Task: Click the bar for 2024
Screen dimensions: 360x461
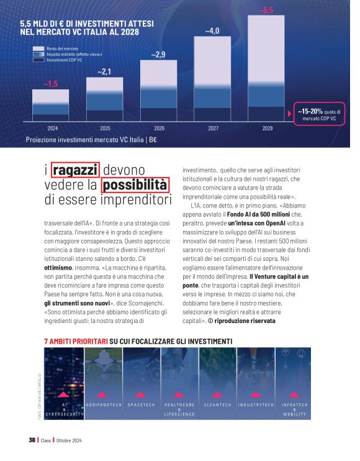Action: point(51,105)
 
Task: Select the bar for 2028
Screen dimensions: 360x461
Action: point(267,68)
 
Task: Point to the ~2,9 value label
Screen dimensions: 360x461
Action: point(158,55)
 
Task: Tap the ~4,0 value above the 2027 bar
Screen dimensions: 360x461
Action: point(212,30)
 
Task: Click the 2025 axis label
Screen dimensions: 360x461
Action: point(105,128)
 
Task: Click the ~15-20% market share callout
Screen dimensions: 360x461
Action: point(317,114)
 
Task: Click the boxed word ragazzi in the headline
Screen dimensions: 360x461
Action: point(75,170)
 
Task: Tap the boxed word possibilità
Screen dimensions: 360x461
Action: point(135,185)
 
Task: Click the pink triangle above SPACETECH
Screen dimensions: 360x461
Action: point(140,394)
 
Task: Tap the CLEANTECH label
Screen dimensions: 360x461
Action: point(217,404)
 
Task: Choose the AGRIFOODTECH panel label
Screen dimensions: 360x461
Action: point(101,404)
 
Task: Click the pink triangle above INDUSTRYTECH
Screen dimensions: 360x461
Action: point(256,394)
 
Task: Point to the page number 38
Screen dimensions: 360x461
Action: point(32,440)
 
